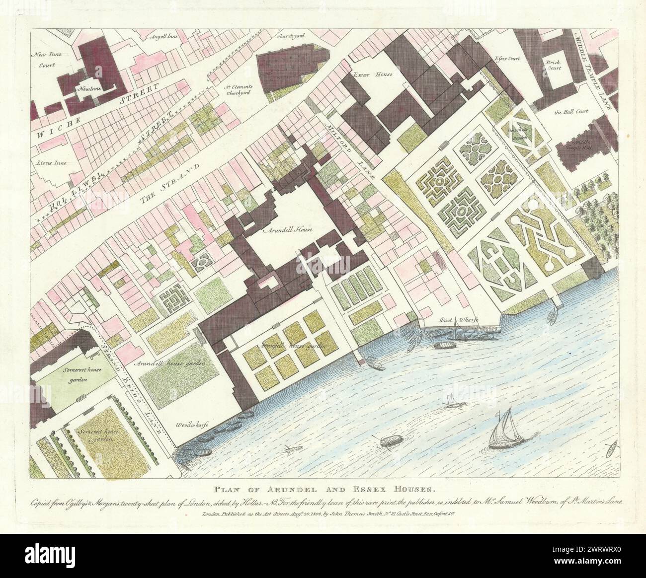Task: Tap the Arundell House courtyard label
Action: (x=282, y=230)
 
